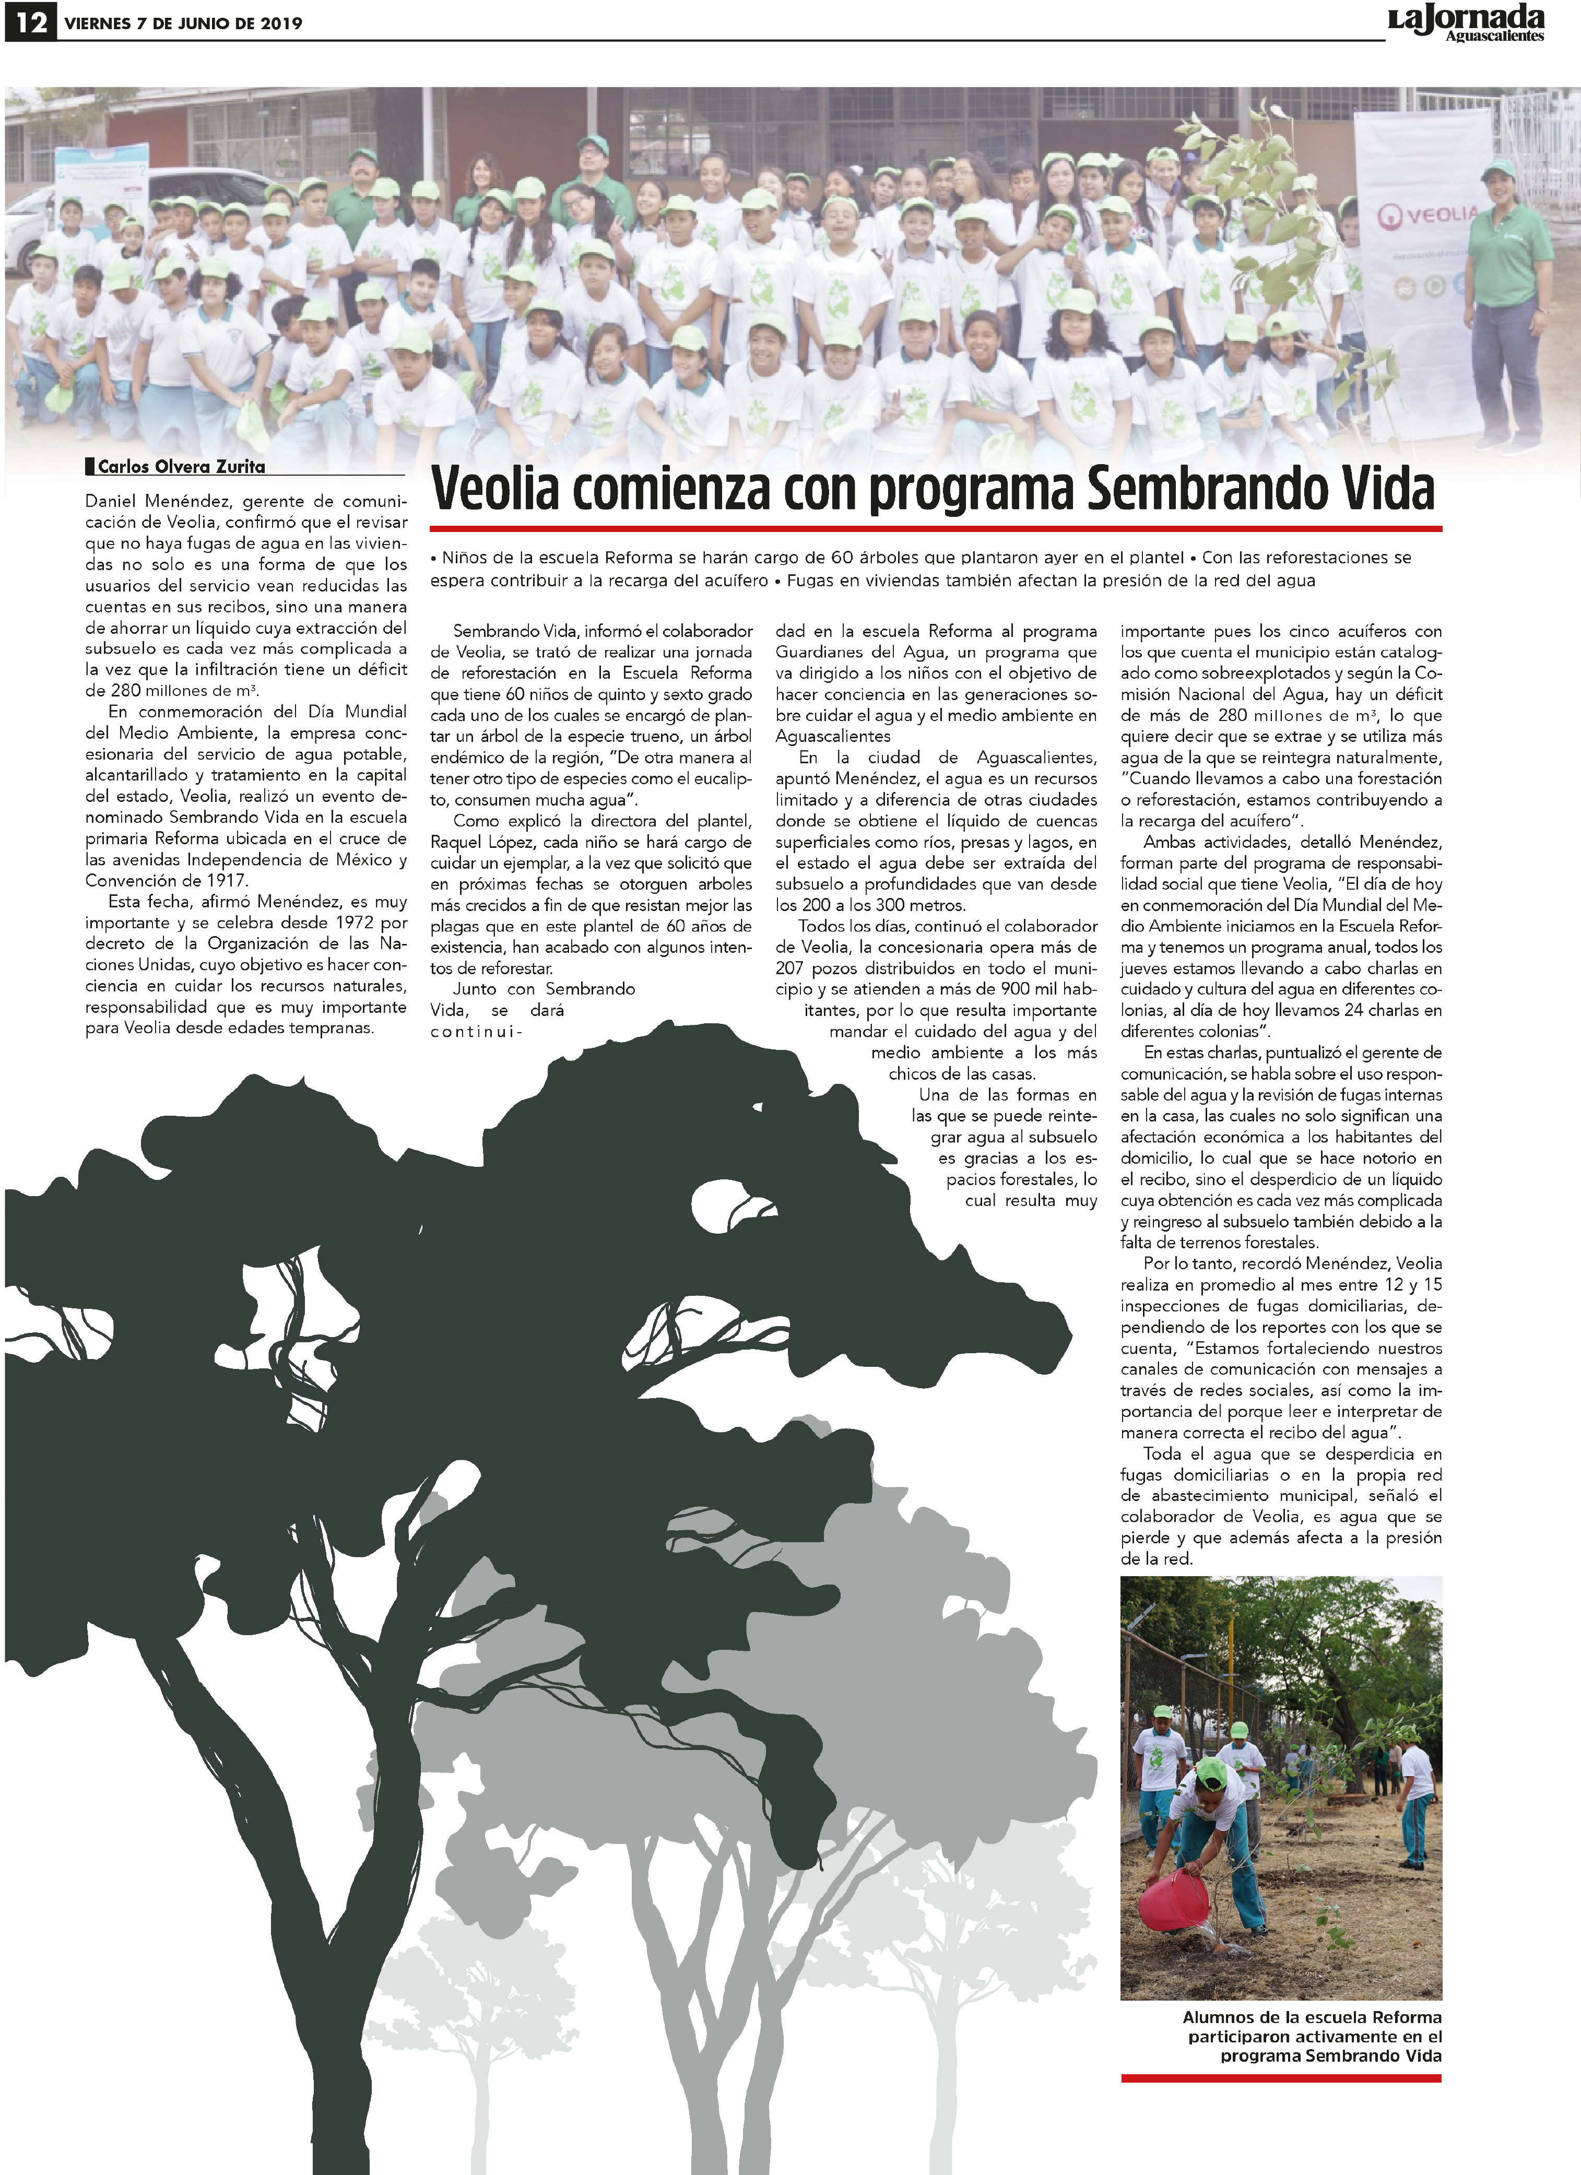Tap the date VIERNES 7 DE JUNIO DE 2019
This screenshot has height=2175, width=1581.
coord(182,23)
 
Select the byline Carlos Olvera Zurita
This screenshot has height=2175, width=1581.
coord(181,467)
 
